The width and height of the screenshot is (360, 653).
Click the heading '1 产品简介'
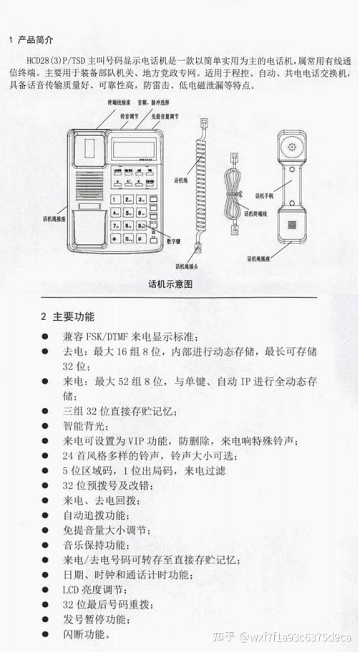31,38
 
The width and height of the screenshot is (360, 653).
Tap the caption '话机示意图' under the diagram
171,284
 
